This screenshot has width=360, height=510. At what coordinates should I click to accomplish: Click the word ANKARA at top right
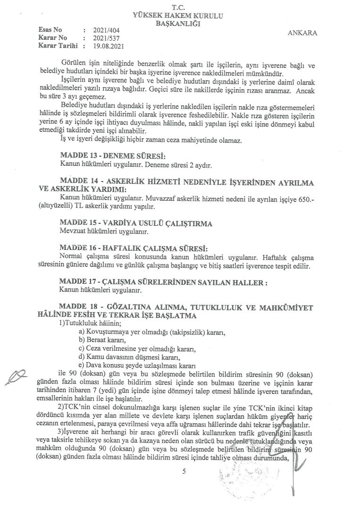click(x=301, y=33)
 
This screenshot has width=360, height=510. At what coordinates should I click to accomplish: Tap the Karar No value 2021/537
click(x=105, y=38)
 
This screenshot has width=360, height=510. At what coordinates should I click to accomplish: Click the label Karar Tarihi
click(x=57, y=46)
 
